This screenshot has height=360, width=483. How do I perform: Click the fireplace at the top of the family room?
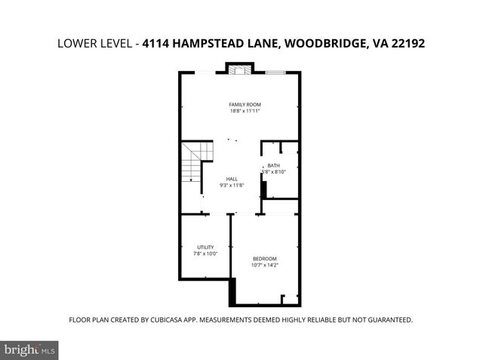240,70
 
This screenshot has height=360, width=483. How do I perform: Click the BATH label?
273,165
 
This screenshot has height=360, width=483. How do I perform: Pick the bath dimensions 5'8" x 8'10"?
273,172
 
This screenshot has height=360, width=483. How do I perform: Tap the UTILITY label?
205,247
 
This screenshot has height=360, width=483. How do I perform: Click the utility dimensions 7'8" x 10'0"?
205,254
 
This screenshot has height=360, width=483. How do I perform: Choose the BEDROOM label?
265,258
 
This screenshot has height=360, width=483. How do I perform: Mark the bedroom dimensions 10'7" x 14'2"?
265,265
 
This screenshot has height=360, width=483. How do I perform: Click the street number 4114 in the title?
158,44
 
